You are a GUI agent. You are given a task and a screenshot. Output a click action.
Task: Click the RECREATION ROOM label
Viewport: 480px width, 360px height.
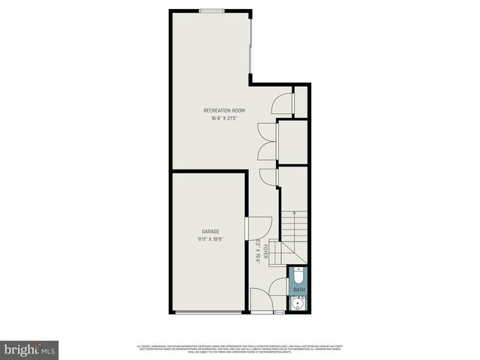(224, 111)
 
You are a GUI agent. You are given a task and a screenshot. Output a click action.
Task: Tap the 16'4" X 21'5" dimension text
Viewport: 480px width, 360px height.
(224, 118)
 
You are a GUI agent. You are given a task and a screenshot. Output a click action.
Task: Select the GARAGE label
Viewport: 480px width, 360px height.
(210, 231)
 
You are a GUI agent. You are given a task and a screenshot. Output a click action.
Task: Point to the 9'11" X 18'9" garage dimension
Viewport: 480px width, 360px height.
(210, 238)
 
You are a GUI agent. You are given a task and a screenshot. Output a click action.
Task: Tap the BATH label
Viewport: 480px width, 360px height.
(298, 289)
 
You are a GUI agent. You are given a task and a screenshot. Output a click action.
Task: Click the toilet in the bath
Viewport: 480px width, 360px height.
(298, 274)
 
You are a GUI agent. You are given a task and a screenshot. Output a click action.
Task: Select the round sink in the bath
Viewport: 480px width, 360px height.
(298, 303)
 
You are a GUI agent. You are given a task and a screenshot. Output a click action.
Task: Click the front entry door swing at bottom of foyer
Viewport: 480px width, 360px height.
(260, 300)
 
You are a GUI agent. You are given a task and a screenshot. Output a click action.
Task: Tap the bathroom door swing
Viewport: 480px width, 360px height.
(278, 286)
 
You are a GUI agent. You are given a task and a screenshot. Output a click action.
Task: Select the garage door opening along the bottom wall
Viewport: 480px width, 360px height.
(209, 312)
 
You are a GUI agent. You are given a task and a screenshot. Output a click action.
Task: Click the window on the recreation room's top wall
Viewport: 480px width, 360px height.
(211, 10)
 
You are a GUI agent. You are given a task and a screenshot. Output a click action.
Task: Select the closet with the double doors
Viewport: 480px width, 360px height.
(292, 141)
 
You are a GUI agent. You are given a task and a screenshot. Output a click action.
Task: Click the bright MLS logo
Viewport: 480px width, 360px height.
(30, 349)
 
